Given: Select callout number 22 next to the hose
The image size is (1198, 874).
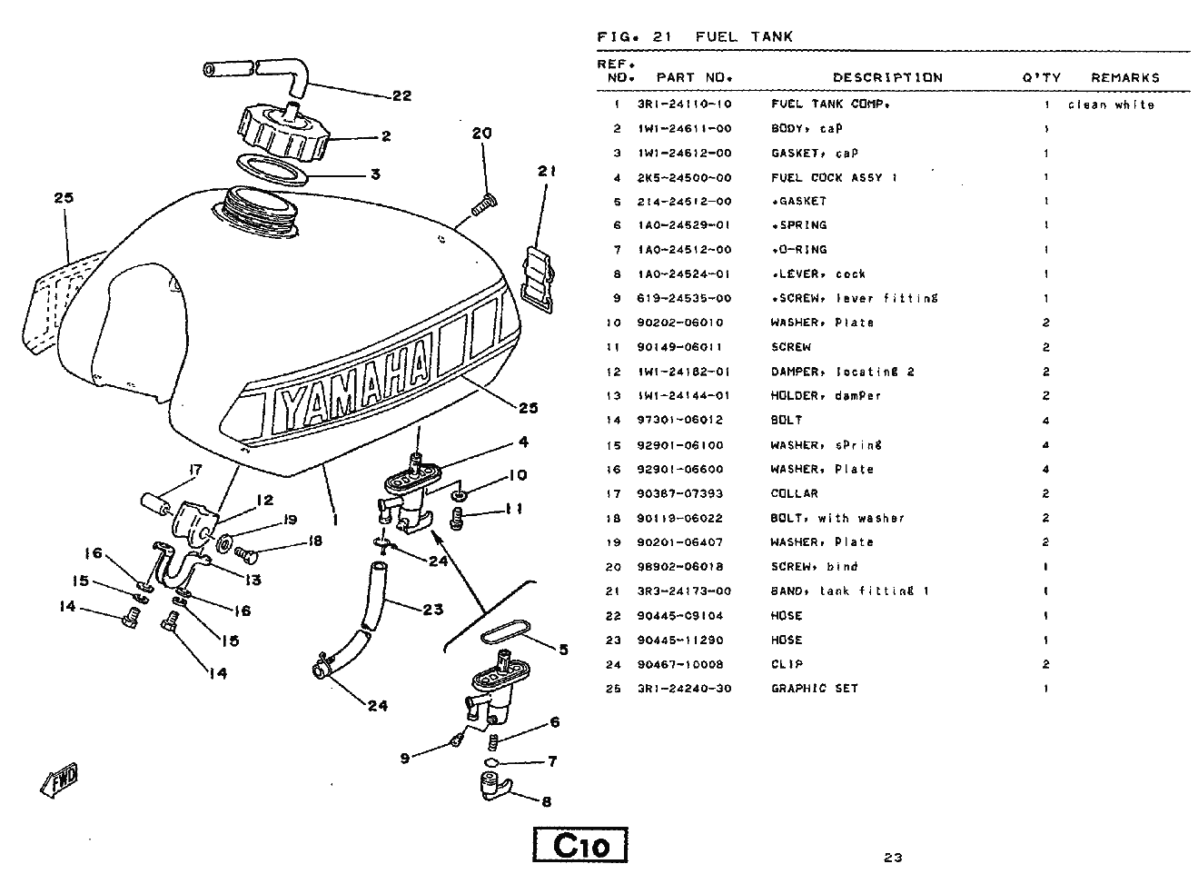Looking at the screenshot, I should pyautogui.click(x=401, y=95).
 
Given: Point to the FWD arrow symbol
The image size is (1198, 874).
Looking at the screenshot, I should pyautogui.click(x=60, y=779).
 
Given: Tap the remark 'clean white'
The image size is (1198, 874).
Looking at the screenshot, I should pyautogui.click(x=1111, y=104).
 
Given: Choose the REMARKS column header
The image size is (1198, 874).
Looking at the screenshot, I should pyautogui.click(x=1125, y=77).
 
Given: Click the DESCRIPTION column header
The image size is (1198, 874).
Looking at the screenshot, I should pyautogui.click(x=887, y=77).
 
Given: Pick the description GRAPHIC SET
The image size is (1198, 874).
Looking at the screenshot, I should pyautogui.click(x=815, y=688).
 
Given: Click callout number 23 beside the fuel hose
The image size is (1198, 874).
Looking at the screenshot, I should pyautogui.click(x=432, y=609).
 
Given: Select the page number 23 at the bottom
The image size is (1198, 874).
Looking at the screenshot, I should pyautogui.click(x=892, y=856).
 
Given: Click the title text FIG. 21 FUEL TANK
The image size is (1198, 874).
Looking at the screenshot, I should pyautogui.click(x=694, y=36).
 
